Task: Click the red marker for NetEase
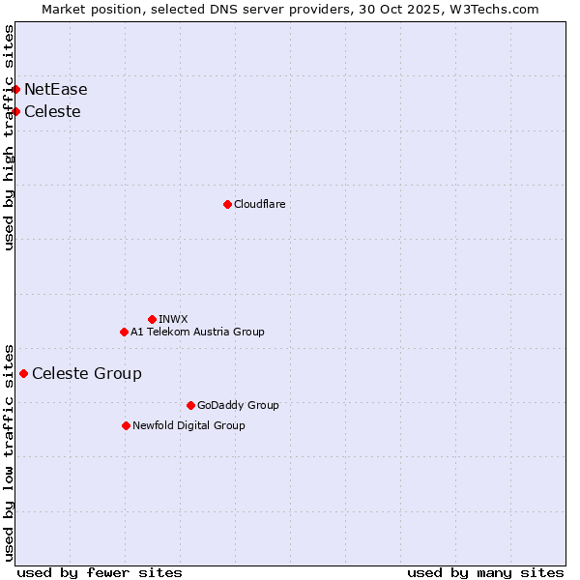click(15, 90)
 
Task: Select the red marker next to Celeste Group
click(24, 373)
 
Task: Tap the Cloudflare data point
click(227, 204)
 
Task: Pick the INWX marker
click(152, 319)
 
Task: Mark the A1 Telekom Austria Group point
click(124, 332)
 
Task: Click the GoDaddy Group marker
click(190, 405)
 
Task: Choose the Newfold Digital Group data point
click(126, 425)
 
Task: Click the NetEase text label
click(56, 90)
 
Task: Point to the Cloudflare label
click(260, 204)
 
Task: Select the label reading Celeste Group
click(87, 374)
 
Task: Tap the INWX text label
click(173, 319)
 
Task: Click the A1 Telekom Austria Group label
click(197, 332)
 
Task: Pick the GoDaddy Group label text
click(238, 405)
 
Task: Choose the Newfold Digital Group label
click(188, 425)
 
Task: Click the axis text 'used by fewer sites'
click(100, 572)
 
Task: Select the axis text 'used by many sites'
click(485, 572)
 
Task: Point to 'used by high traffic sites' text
click(10, 137)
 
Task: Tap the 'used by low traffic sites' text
click(10, 451)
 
